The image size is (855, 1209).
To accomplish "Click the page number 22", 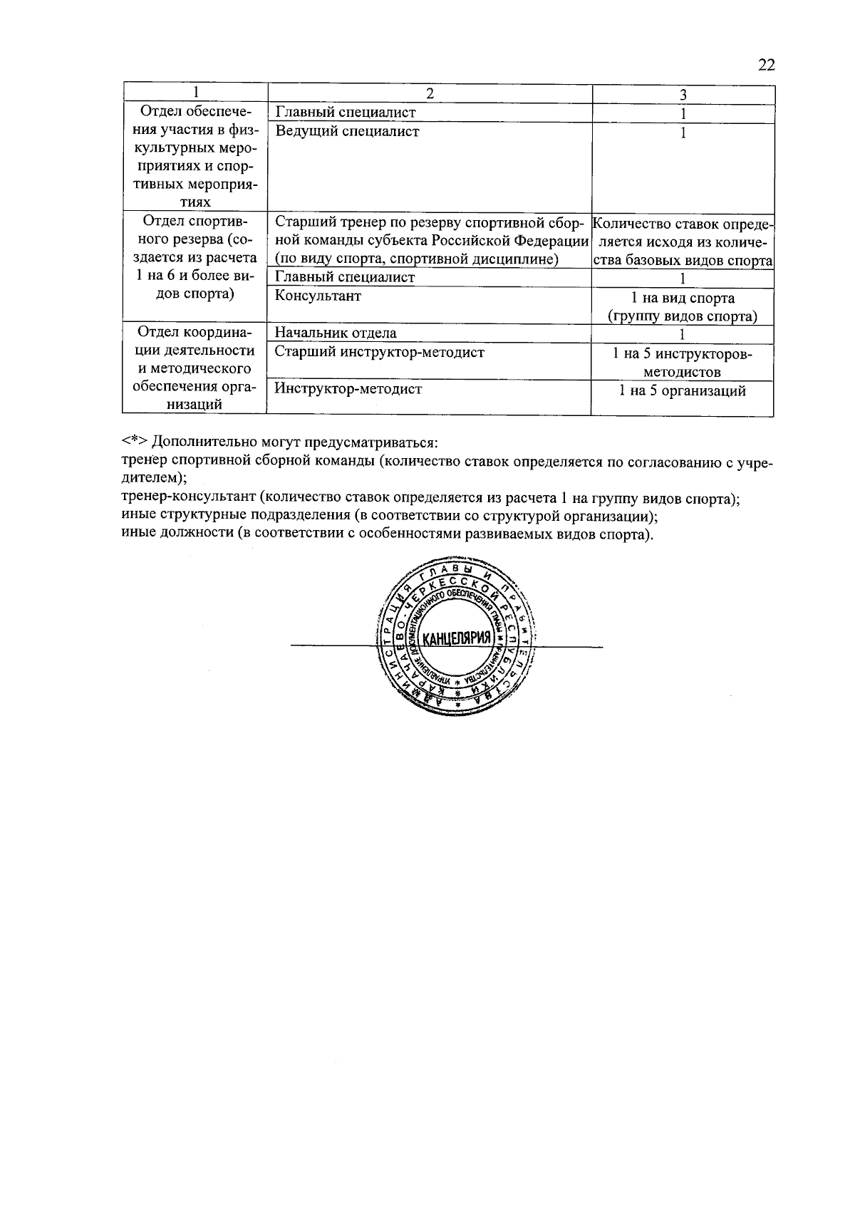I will (x=765, y=66).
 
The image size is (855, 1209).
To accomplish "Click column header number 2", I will (x=430, y=94).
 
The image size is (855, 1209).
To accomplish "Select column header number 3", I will (x=683, y=95).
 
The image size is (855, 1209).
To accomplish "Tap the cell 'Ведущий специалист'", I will (x=347, y=131).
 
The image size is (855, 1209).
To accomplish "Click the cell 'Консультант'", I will (x=318, y=296).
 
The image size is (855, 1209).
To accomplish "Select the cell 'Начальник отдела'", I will (x=336, y=333).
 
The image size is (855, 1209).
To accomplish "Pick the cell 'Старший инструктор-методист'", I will (x=379, y=352).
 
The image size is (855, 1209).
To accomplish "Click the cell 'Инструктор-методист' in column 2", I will (x=348, y=389).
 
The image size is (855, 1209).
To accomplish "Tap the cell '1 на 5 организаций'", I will (x=682, y=390).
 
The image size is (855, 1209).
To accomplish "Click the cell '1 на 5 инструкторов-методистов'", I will (x=682, y=362).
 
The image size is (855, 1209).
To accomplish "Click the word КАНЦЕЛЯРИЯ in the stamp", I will (x=457, y=638).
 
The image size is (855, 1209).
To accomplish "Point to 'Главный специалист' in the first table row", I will (x=345, y=113).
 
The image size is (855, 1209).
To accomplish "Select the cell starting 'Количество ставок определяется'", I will (x=682, y=242).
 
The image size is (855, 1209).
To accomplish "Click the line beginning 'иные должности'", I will (x=386, y=534).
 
